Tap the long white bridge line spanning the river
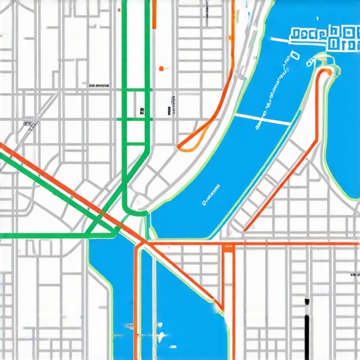(262, 119)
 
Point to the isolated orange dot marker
(161, 68)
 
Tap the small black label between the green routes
(142, 110)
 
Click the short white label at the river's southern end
(211, 194)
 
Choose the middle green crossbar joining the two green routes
(136, 120)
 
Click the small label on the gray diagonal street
(29, 124)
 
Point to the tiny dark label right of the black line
(349, 274)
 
